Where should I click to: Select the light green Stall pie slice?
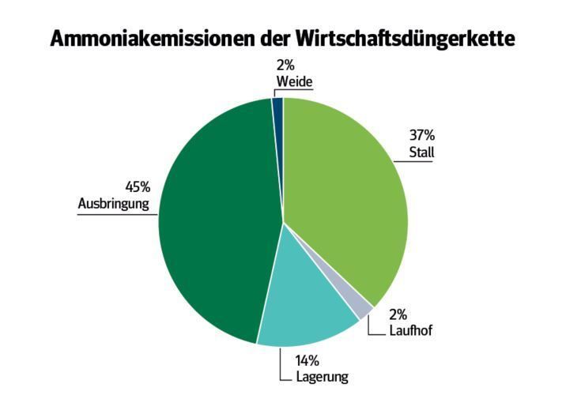[x=348, y=197]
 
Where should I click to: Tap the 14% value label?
[x=307, y=361]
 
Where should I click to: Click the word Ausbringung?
[x=114, y=204]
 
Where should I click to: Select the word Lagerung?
[x=322, y=377]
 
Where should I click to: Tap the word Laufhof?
[x=410, y=331]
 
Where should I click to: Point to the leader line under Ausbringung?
[x=119, y=213]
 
